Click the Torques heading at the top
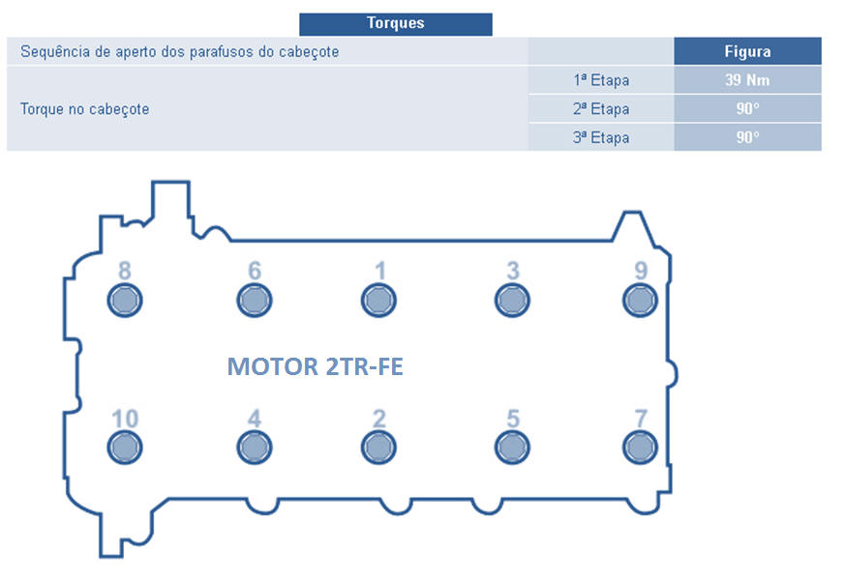(x=395, y=23)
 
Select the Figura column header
(x=747, y=51)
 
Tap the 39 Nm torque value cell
(x=747, y=80)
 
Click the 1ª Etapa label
(x=600, y=80)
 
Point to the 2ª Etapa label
(x=600, y=109)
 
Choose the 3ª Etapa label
(x=600, y=137)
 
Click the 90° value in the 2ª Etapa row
(x=747, y=109)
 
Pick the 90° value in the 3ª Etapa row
(x=747, y=137)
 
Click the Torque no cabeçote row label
(x=84, y=109)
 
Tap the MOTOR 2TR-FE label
(x=315, y=367)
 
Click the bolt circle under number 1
(x=379, y=301)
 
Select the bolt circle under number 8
(x=124, y=301)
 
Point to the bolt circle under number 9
(x=640, y=301)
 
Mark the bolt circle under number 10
(x=124, y=448)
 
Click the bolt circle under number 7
(x=640, y=448)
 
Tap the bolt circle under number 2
(x=379, y=448)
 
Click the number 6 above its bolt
(x=255, y=271)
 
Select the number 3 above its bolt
(x=513, y=271)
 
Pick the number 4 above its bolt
(x=255, y=419)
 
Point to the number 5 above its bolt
(x=513, y=419)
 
